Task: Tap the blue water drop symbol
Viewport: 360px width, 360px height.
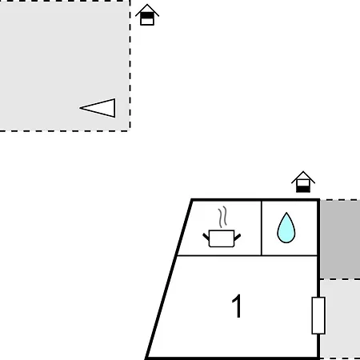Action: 286,227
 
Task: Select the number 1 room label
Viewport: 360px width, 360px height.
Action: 237,306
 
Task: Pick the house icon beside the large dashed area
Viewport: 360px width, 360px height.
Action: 147,15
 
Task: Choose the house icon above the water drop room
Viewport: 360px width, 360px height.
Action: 303,182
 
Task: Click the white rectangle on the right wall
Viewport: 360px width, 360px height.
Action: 318,315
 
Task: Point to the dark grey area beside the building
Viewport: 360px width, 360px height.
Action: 340,239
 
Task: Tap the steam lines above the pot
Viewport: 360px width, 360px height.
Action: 223,217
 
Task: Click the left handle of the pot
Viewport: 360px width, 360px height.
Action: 206,237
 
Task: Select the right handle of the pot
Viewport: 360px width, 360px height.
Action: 238,237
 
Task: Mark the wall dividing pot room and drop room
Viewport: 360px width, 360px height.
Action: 262,228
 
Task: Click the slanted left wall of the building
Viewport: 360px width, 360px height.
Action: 169,279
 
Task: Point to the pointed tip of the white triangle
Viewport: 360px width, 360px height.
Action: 80,108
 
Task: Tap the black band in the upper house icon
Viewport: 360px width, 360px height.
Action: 147,16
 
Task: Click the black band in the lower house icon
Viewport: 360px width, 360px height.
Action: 303,189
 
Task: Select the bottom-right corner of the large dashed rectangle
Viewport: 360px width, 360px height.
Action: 130,130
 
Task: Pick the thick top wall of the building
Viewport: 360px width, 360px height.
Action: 255,200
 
